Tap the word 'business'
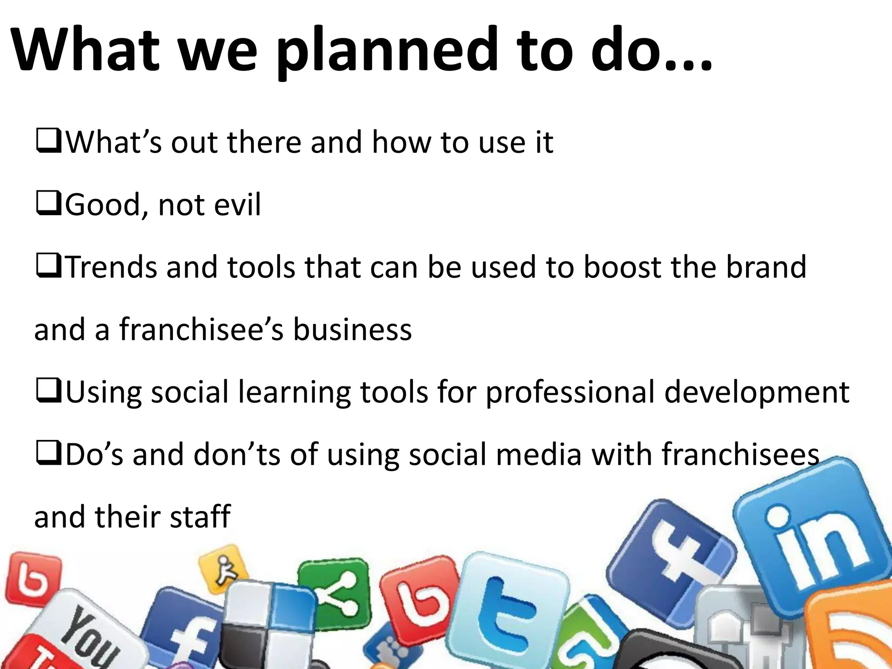tap(352, 330)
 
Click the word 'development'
tap(757, 392)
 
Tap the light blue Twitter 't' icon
tap(510, 610)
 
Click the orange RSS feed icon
tap(854, 632)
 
